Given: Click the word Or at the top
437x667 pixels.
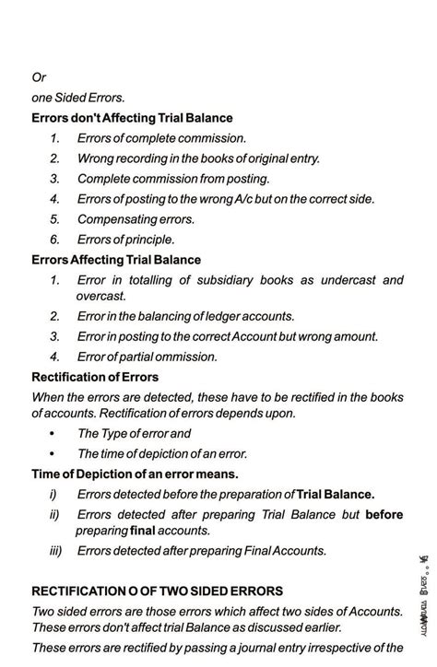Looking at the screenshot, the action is click(x=39, y=77).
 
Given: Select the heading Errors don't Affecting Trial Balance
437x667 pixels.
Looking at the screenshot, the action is click(x=132, y=118).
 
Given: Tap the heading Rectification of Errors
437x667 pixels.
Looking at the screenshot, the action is click(x=95, y=377).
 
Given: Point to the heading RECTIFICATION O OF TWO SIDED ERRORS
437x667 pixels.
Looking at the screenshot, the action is click(x=157, y=591).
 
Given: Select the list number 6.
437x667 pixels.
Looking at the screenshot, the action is click(x=54, y=240).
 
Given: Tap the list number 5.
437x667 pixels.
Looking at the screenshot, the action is click(x=54, y=219).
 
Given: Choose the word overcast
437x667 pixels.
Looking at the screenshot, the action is click(x=100, y=296).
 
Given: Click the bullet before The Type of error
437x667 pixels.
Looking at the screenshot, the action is click(x=52, y=433).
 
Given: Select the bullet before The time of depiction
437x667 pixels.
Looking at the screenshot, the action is click(x=52, y=453).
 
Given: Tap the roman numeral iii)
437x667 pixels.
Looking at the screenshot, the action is click(x=57, y=551).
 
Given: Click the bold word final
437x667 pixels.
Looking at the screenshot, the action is click(x=143, y=531).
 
